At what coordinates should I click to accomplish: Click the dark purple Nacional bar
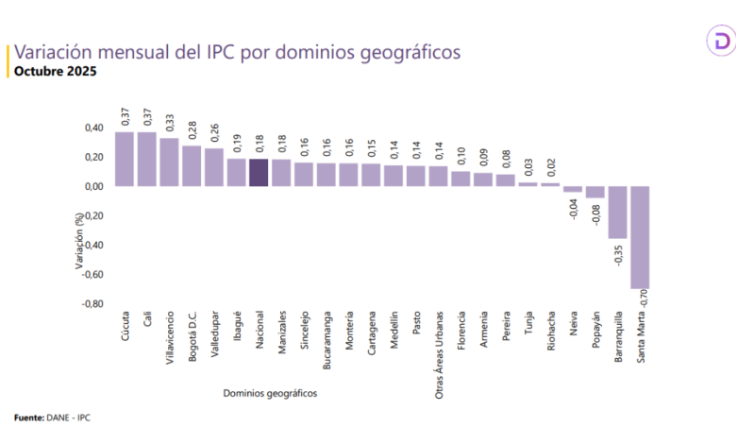(259, 173)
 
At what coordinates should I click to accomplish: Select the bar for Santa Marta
(640, 236)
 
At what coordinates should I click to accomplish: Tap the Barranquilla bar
(617, 212)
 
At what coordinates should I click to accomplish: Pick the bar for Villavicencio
(169, 162)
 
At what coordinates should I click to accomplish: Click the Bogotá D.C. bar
(192, 165)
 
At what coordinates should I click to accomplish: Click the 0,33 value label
(170, 122)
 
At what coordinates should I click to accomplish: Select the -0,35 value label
(619, 253)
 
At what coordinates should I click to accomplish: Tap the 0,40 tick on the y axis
(92, 128)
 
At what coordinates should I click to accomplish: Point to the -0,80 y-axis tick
(91, 304)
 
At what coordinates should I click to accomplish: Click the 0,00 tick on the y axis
(92, 186)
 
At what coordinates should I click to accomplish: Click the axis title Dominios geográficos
(271, 392)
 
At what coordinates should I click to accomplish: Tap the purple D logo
(719, 43)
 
